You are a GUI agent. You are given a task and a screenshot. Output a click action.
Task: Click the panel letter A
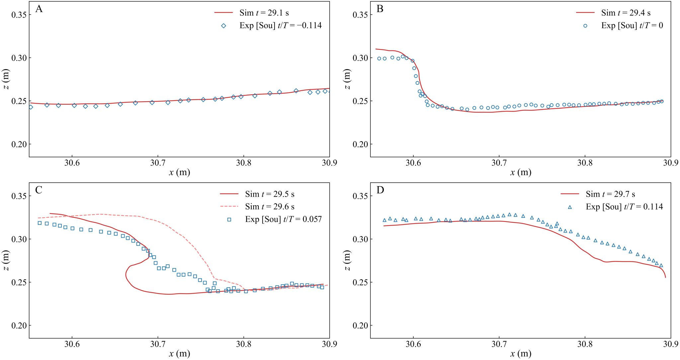coord(39,9)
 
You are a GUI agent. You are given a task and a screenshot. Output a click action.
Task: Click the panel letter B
coord(380,9)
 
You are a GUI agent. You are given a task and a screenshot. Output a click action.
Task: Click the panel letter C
coord(39,190)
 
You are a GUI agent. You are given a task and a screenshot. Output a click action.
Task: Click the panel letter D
coord(380,190)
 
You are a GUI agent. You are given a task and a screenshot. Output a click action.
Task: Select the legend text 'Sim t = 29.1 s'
coord(264,13)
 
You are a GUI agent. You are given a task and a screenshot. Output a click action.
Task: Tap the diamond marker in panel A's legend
coord(223,26)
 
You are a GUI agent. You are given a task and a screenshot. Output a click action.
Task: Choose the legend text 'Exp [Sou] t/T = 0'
coord(632,26)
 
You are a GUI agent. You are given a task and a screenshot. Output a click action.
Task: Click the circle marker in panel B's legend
coord(585,26)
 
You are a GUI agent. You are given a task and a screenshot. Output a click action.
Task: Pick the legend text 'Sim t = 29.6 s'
coord(270,207)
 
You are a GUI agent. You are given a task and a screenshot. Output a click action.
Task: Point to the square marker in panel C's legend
coord(229,219)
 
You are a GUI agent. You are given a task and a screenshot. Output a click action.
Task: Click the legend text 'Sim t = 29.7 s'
coord(610,194)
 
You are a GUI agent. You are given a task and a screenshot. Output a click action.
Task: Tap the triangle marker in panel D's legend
coord(570,207)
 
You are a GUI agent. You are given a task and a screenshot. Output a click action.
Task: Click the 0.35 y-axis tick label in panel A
coord(19,15)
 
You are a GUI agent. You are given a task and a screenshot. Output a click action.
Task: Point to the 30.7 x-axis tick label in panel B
coord(499,163)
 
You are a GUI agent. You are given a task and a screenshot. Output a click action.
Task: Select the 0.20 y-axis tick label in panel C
coord(19,325)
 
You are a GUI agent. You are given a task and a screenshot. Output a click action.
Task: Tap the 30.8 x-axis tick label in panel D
coord(585,344)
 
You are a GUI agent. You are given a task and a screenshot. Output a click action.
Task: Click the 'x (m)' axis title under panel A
coord(179,172)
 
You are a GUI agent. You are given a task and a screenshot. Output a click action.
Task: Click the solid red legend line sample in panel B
coord(585,13)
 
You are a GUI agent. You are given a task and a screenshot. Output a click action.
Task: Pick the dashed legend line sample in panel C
coord(229,207)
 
